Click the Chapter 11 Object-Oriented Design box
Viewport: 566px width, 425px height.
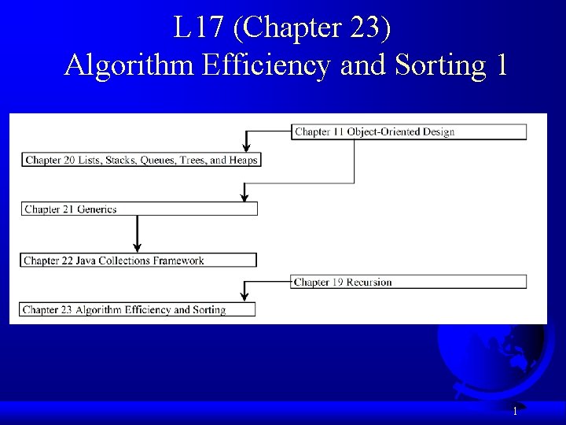(x=409, y=131)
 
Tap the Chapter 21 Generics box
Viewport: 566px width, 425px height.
(x=138, y=209)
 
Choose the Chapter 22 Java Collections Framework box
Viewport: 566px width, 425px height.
(x=138, y=261)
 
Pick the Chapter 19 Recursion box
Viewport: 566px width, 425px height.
(x=409, y=282)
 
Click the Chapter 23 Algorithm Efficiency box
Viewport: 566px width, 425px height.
(x=138, y=310)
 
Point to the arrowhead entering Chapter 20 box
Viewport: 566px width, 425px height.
(x=246, y=146)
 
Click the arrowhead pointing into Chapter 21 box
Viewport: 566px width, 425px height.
(x=244, y=196)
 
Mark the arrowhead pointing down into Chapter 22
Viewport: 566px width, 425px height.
(x=138, y=246)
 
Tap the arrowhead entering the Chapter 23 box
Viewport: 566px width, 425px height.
(x=244, y=296)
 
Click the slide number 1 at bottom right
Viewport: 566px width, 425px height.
(x=515, y=411)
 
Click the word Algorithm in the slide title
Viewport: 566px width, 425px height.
(x=128, y=65)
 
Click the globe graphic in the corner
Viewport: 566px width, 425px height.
(x=491, y=358)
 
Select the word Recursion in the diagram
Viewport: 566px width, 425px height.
(x=369, y=282)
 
